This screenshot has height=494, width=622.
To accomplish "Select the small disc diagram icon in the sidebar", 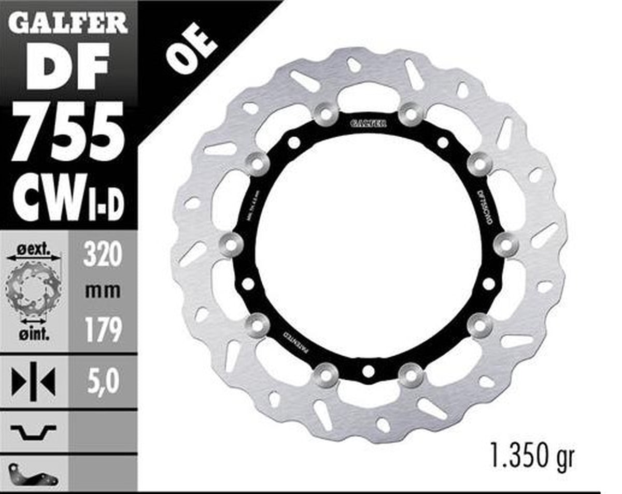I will [x=34, y=290].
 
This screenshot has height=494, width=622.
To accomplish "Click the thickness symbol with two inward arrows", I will [x=34, y=382].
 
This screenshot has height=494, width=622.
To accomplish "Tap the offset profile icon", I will [x=34, y=430].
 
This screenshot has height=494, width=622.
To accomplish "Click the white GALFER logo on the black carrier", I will [x=367, y=123].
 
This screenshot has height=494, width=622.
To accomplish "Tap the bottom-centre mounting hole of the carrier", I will [x=368, y=371].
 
